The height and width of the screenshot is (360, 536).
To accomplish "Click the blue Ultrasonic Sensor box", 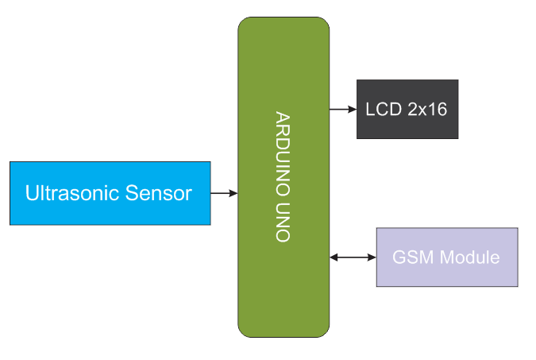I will [x=110, y=193].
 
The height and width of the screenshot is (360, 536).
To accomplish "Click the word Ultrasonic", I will [x=64, y=193].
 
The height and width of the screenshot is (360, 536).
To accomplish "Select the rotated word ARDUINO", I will [x=283, y=156].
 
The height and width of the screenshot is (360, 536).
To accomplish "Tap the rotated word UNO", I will [x=283, y=223].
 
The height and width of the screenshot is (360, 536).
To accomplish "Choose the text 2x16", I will [x=428, y=110].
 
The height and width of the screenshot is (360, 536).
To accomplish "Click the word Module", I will [x=469, y=258].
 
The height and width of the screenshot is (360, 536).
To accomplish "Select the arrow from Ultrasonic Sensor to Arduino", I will [x=224, y=193].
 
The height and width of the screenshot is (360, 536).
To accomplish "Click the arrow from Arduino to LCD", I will [x=342, y=109].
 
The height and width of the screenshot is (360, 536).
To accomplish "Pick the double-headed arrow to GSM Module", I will [x=353, y=257].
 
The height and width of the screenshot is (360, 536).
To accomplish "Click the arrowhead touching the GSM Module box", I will [x=372, y=257].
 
